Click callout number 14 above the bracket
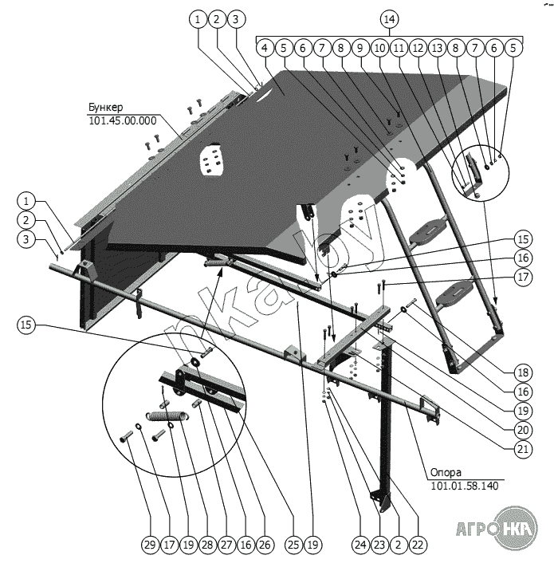click(x=388, y=18)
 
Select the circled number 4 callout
click(x=264, y=48)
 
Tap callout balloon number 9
click(x=360, y=48)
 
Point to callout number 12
click(x=418, y=48)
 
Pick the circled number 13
click(x=437, y=48)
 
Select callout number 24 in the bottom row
click(x=360, y=545)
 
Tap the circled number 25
click(x=294, y=545)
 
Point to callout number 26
click(x=264, y=545)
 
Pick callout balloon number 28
click(x=206, y=545)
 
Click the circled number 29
click(x=148, y=545)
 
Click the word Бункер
click(x=107, y=106)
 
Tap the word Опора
click(x=447, y=471)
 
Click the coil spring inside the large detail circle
click(x=167, y=415)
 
